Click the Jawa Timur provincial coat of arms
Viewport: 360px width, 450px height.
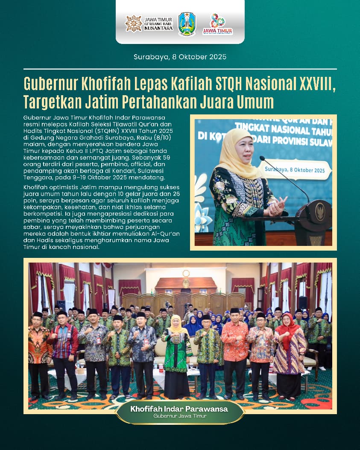click(x=187, y=24)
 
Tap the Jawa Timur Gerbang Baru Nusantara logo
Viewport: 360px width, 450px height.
click(x=149, y=24)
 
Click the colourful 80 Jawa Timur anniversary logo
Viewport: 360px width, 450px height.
click(x=217, y=24)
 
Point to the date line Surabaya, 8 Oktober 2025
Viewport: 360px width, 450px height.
click(x=180, y=57)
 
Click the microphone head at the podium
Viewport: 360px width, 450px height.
click(x=262, y=158)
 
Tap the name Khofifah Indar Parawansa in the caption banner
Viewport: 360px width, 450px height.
click(x=179, y=409)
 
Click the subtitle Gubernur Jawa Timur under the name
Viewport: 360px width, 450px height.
click(x=179, y=416)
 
